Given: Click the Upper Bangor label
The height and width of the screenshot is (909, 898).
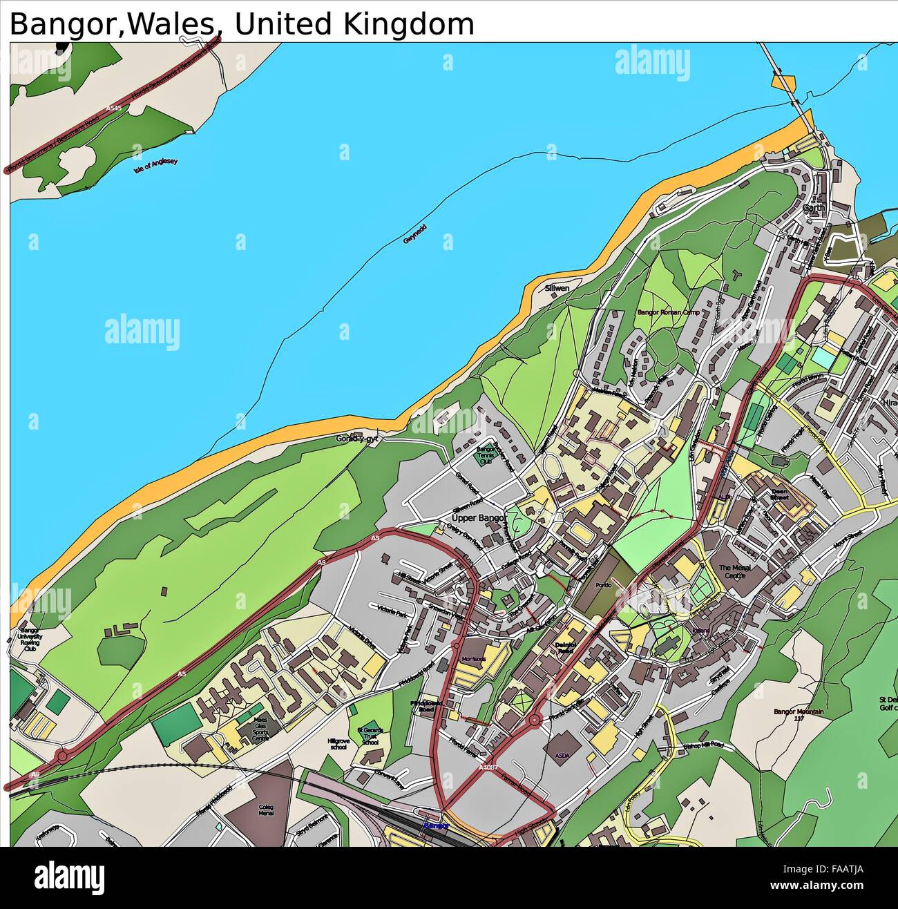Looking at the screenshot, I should pyautogui.click(x=479, y=517).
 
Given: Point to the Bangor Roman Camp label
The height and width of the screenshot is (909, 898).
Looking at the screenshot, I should pyautogui.click(x=668, y=313).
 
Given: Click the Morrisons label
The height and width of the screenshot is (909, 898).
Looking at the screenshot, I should pyautogui.click(x=475, y=659).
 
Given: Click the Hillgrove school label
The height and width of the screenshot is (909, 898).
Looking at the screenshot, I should pyautogui.click(x=338, y=743).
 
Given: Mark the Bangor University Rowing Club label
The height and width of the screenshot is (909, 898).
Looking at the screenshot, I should pyautogui.click(x=29, y=640).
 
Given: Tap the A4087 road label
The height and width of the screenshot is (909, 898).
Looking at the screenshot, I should pyautogui.click(x=488, y=767).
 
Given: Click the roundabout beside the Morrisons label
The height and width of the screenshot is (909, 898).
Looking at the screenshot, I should pyautogui.click(x=457, y=644).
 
